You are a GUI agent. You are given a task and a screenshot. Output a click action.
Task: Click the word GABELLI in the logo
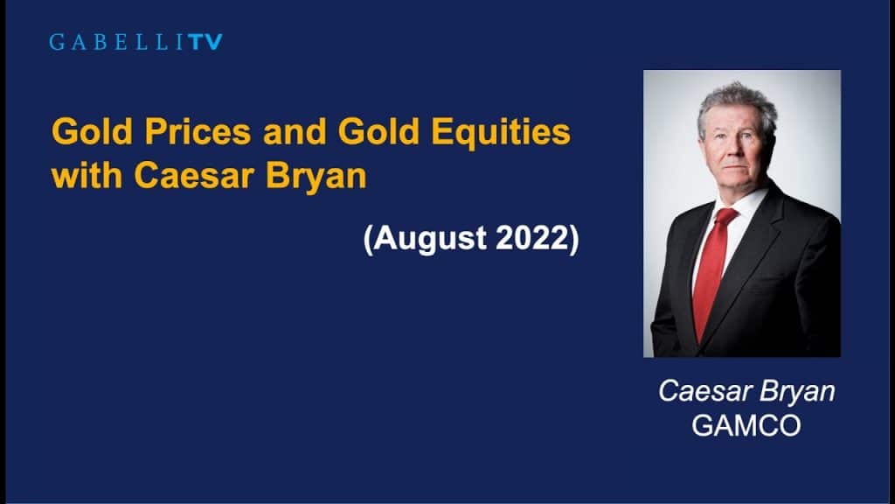pos(114,41)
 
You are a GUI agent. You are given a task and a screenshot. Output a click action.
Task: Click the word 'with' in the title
pos(87,175)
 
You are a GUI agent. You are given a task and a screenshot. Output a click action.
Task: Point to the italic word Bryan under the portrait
pos(796,391)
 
